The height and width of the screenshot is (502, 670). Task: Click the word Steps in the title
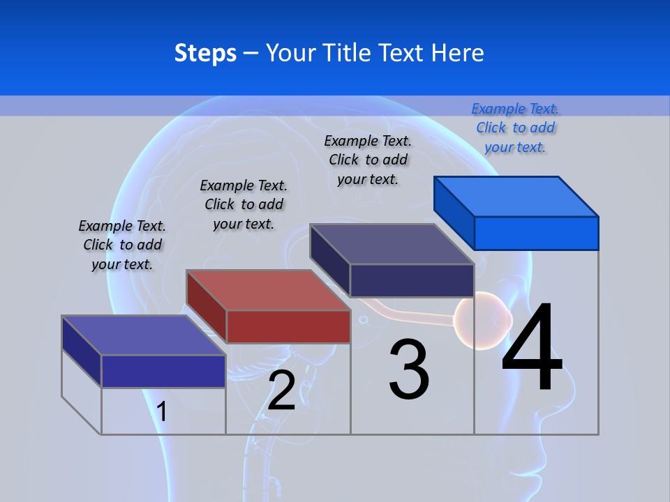(x=205, y=53)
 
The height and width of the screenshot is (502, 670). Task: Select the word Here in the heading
(x=458, y=53)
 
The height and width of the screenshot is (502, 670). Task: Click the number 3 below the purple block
(x=409, y=370)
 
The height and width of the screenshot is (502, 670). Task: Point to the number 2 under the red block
(x=281, y=390)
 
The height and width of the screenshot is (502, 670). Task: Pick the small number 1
(x=162, y=412)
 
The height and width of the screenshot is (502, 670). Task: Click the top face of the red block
(x=267, y=290)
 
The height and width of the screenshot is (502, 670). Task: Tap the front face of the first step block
(x=163, y=371)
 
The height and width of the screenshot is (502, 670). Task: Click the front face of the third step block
(x=412, y=280)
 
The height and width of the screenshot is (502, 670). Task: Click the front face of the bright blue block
(x=536, y=233)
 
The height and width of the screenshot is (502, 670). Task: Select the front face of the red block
(x=288, y=326)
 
